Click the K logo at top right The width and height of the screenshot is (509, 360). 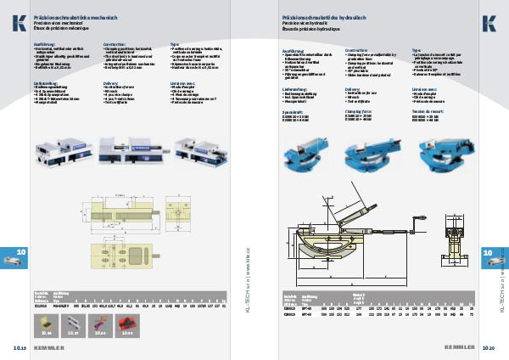tap(489, 22)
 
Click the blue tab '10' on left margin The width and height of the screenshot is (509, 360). tap(21, 253)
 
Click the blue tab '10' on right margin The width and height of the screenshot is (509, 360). tap(488, 253)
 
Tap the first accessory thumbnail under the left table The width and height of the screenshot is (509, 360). tap(48, 323)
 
